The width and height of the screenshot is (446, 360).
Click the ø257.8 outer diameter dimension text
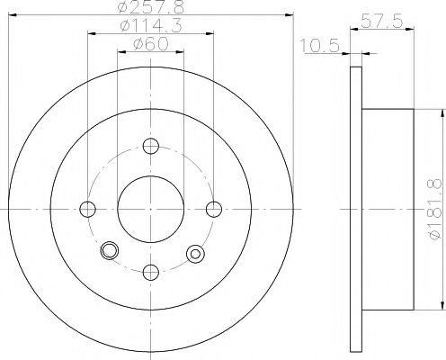pyautogui.click(x=151, y=9)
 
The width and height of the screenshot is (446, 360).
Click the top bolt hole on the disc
pyautogui.click(x=150, y=146)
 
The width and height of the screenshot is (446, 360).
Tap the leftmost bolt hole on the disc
pyautogui.click(x=87, y=209)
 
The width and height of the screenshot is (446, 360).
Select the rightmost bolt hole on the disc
pyautogui.click(x=214, y=209)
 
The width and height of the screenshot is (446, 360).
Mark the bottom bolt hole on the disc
pyautogui.click(x=150, y=272)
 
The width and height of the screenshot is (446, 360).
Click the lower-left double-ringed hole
pyautogui.click(x=110, y=251)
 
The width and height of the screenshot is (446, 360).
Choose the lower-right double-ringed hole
pyautogui.click(x=192, y=255)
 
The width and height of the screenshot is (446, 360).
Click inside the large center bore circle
pyautogui.click(x=150, y=209)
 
